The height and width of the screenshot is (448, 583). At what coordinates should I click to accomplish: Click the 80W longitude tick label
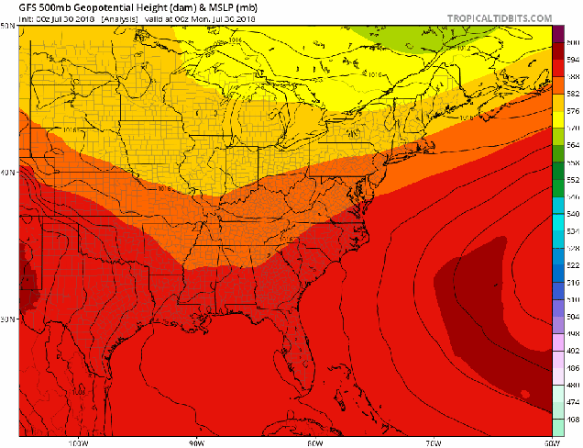pyautogui.click(x=314, y=441)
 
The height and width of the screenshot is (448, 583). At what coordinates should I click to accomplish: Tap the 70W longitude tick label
pyautogui.click(x=434, y=441)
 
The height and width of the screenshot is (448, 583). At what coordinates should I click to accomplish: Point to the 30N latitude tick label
pyautogui.click(x=9, y=319)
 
